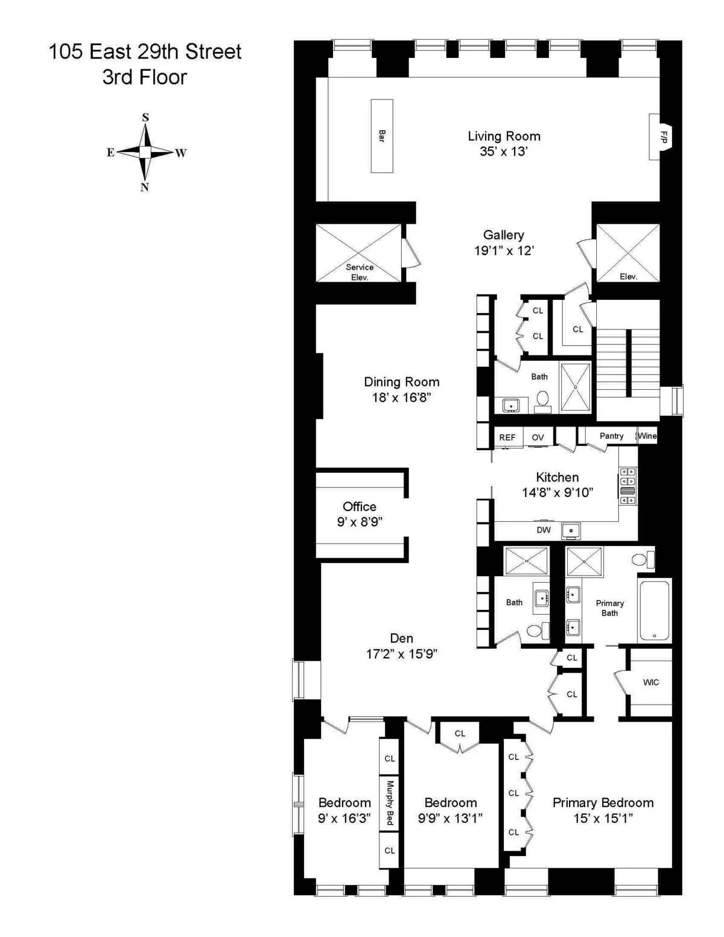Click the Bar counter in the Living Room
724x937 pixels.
381,136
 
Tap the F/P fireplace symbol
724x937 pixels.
662,137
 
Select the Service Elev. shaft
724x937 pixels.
359,253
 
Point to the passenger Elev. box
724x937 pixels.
628,253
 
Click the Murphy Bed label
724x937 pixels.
390,802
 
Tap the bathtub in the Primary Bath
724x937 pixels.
655,610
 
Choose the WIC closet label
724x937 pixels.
651,682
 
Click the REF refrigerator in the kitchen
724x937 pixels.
507,437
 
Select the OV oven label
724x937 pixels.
538,437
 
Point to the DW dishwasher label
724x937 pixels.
544,530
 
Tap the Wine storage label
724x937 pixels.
647,436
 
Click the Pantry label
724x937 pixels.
611,436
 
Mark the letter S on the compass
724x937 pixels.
145,118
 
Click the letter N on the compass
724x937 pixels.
145,187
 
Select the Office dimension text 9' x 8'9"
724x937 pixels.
360,522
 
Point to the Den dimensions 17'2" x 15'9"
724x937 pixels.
402,653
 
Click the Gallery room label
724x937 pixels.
504,235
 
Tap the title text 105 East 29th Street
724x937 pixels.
145,52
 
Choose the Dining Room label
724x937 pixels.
402,382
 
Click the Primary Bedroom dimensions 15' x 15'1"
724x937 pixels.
603,818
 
